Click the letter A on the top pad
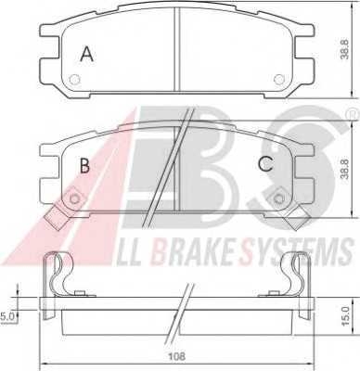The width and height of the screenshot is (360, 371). [87, 55]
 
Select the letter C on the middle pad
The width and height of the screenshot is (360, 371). [264, 166]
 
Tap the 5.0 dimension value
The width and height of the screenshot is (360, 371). [8, 316]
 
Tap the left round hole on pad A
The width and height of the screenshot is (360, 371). [75, 79]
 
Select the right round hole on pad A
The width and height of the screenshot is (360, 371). [276, 79]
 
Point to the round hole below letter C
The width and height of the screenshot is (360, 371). [276, 198]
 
